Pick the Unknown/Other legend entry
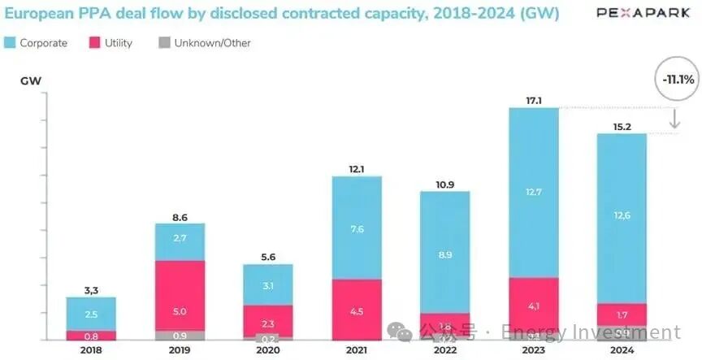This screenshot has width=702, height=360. [x=205, y=42]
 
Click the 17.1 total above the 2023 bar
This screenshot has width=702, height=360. [x=533, y=100]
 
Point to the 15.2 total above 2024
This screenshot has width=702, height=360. [x=622, y=126]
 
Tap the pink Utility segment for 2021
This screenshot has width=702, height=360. [x=357, y=309]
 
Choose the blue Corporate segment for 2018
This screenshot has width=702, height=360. [x=91, y=314]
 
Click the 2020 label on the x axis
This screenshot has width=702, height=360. [x=268, y=349]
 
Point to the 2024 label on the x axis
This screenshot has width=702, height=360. [x=622, y=349]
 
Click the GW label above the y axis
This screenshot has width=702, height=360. [x=32, y=81]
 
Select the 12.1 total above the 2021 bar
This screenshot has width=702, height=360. [x=357, y=168]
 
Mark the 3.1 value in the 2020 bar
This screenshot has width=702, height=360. [x=268, y=284]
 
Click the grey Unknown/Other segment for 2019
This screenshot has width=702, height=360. [x=180, y=335]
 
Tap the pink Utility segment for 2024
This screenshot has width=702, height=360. [x=622, y=314]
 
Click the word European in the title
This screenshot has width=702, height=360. [x=37, y=13]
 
